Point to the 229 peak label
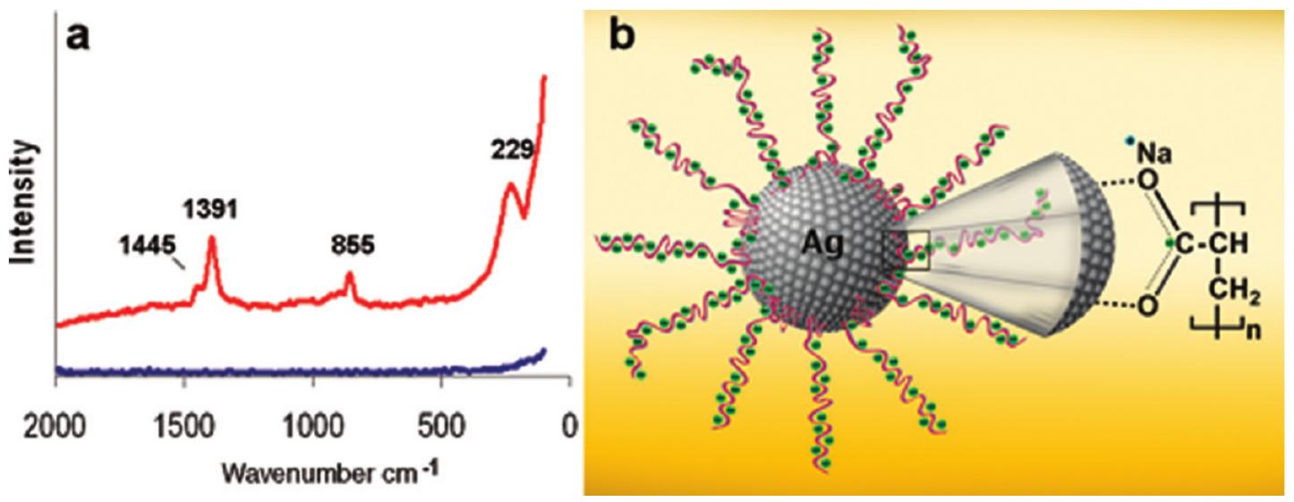510,150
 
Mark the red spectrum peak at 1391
212,239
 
